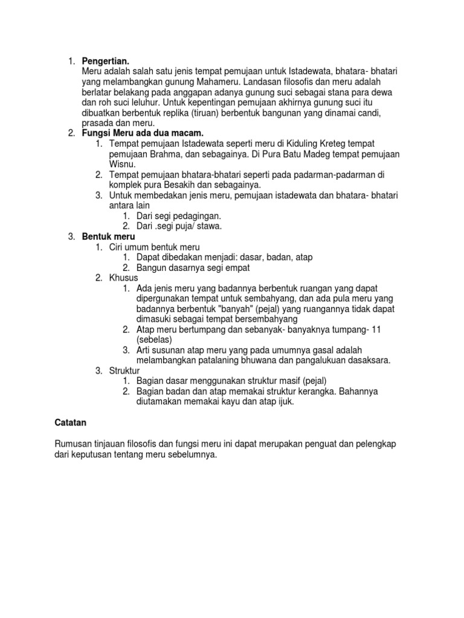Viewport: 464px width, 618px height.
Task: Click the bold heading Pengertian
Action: (105, 62)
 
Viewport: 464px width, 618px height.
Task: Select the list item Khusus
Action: (124, 277)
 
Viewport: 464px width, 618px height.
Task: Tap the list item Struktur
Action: (125, 370)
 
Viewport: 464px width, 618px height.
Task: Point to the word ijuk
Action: (284, 401)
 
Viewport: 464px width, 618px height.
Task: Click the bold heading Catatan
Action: (72, 424)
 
